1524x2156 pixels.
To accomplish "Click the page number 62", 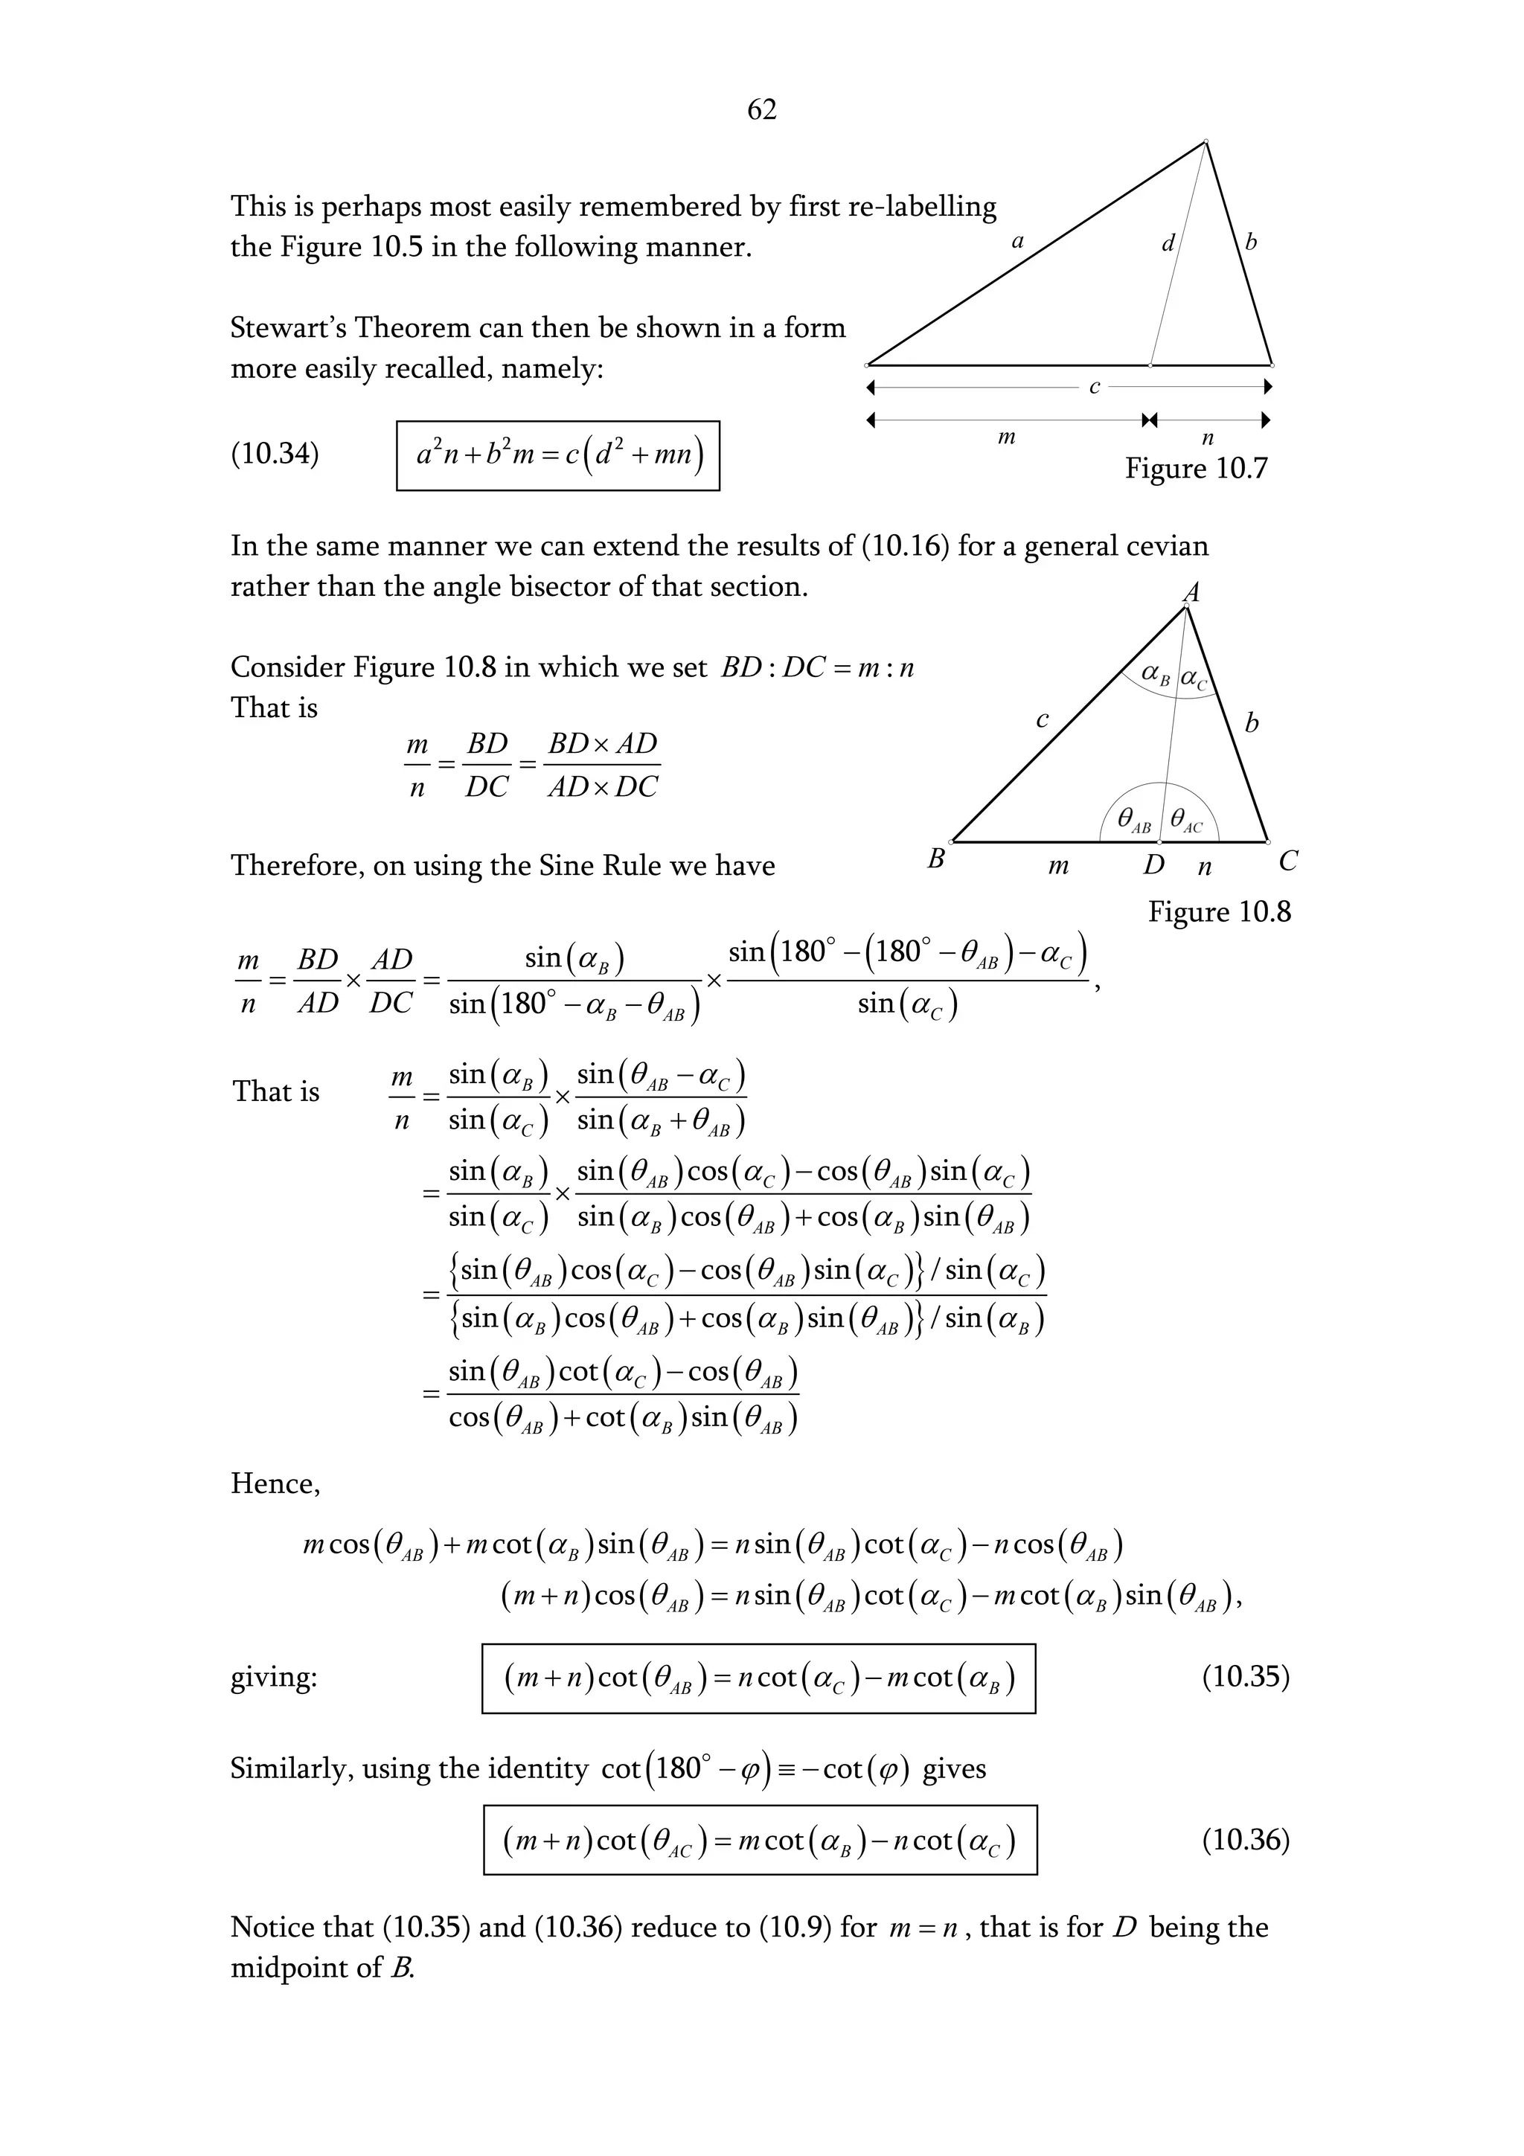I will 761,110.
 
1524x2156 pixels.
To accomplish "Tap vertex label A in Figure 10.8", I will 1191,591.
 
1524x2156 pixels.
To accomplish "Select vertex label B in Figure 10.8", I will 935,859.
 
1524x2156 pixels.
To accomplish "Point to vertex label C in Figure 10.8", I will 1288,860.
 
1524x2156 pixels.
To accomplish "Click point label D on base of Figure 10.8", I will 1153,864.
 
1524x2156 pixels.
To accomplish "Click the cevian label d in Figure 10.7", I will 1168,244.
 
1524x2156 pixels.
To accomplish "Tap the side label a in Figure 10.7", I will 1017,241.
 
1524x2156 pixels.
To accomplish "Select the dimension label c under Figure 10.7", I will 1094,387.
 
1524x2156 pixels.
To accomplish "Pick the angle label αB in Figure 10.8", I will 1155,676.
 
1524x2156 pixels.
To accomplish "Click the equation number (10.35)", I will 1245,1677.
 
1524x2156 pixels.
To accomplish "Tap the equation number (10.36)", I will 1245,1840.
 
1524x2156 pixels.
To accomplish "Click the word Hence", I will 274,1483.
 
